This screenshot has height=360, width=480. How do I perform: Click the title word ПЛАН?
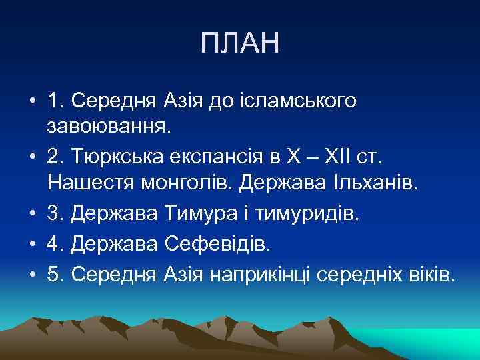tap(240, 45)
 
